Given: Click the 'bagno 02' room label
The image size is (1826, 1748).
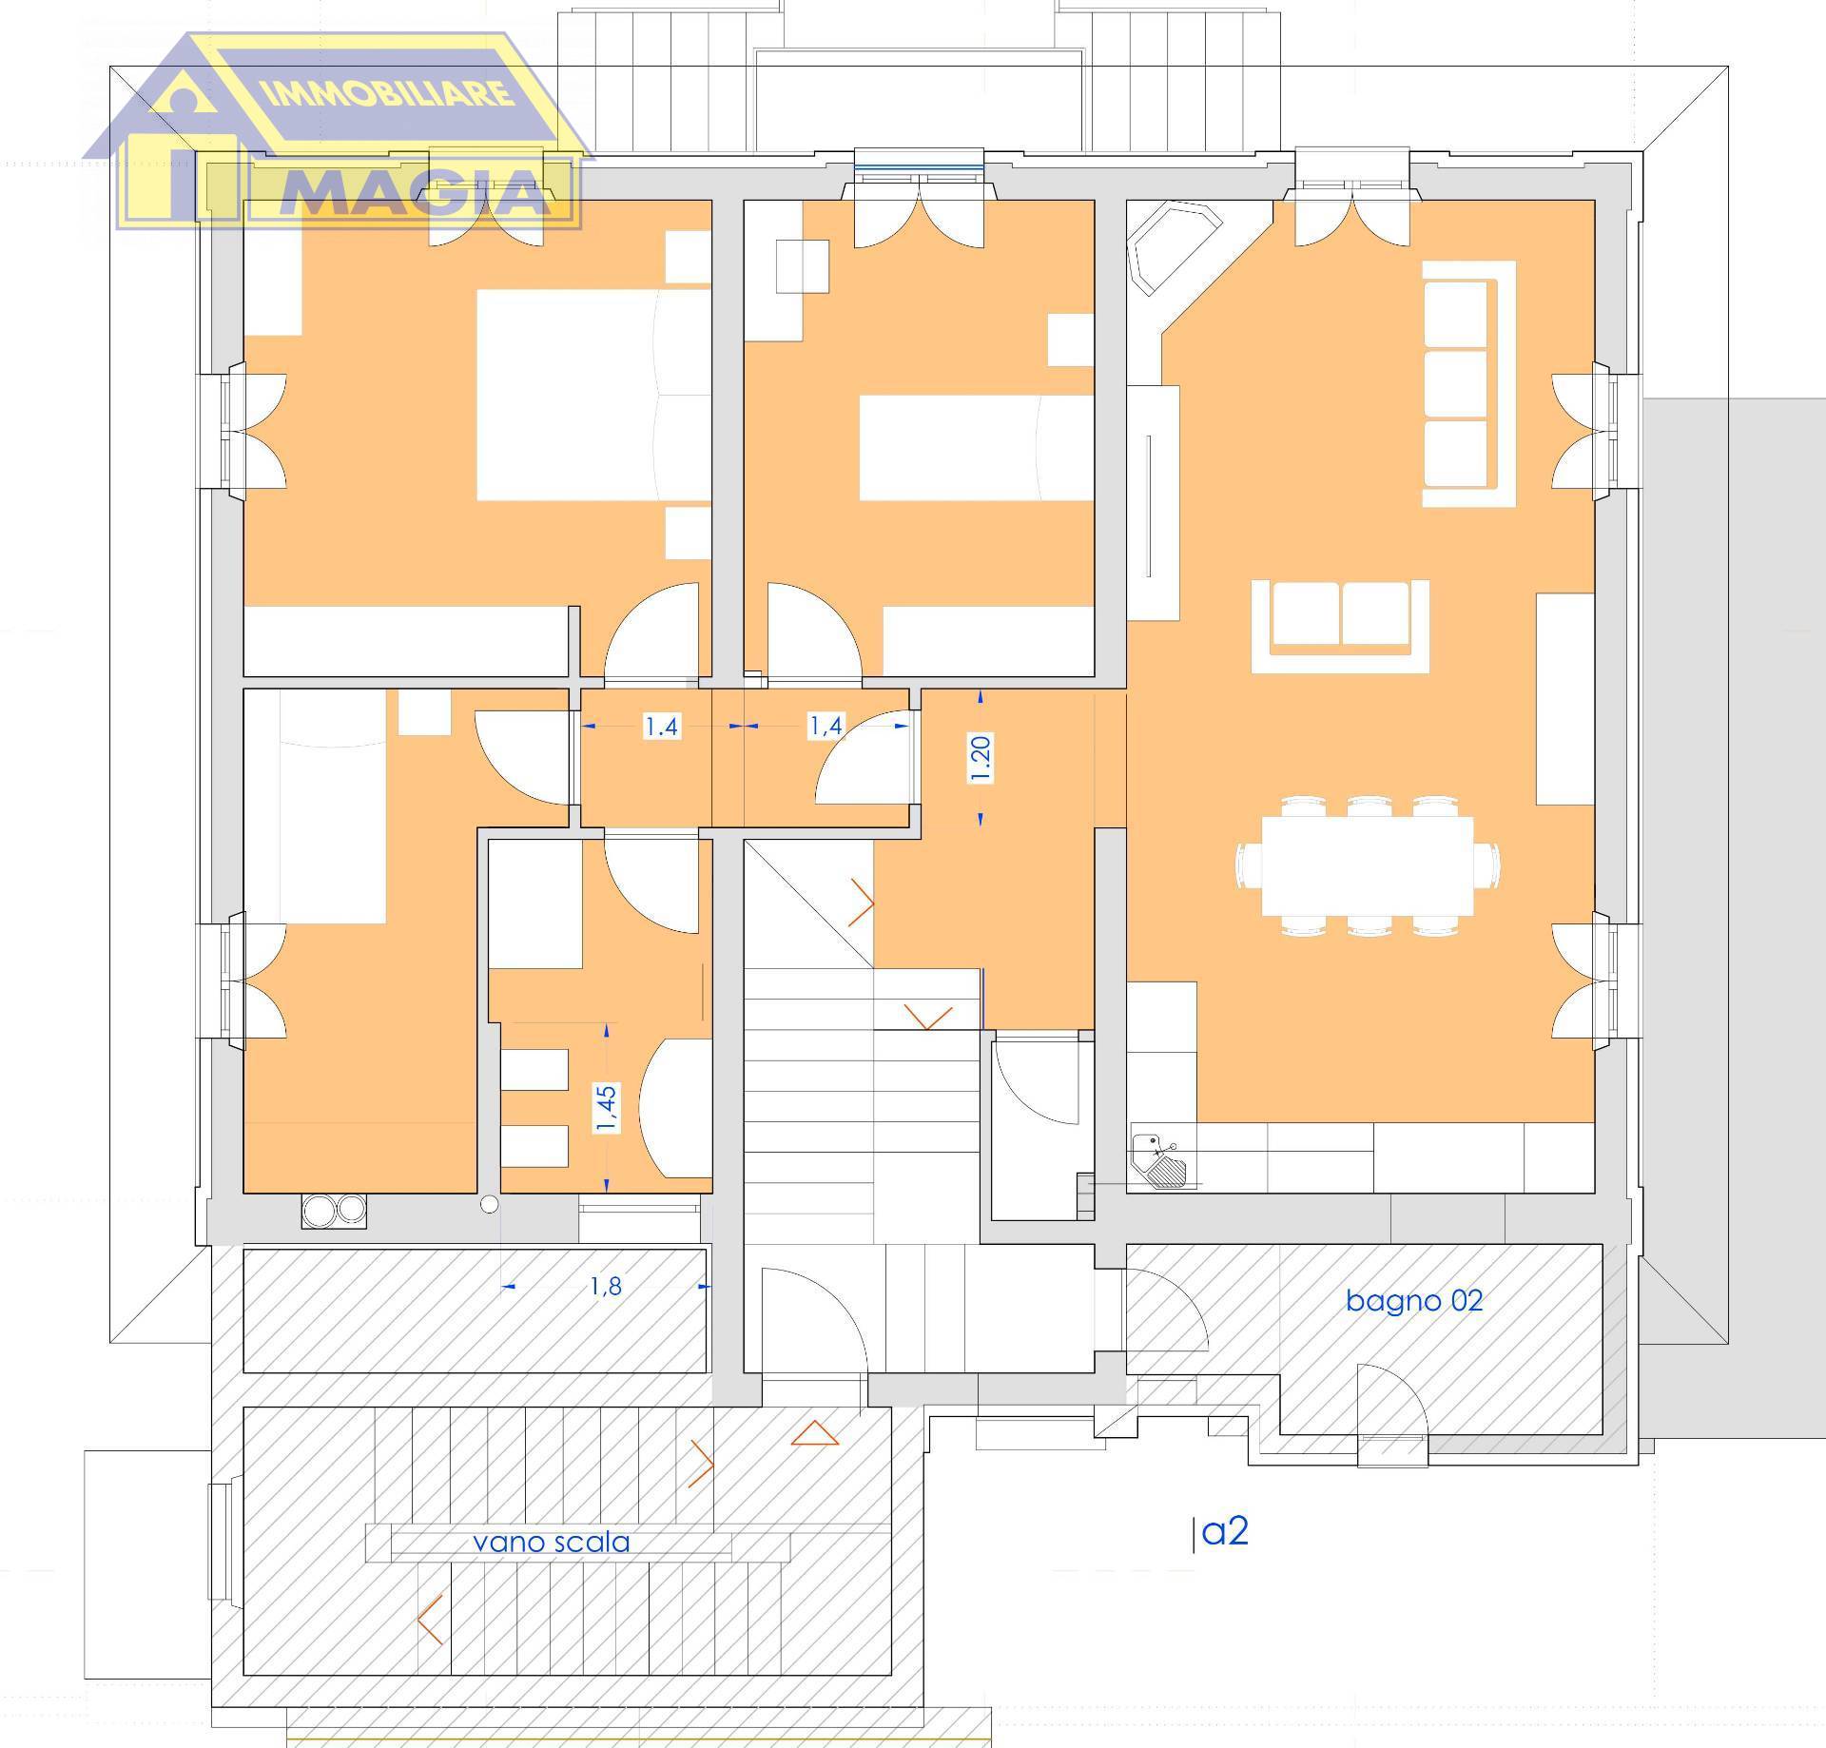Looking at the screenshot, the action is (x=1414, y=1301).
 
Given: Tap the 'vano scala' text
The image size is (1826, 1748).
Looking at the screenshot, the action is (x=552, y=1542).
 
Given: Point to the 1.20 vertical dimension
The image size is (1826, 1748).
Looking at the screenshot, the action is (x=981, y=759).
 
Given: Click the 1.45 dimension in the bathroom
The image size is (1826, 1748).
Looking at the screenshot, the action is (x=606, y=1108).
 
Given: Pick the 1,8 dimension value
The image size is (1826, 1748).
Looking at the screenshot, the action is (x=606, y=1286).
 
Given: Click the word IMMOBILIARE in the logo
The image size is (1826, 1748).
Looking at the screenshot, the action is (x=385, y=94).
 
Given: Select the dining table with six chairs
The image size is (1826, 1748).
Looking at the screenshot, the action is (x=1368, y=865).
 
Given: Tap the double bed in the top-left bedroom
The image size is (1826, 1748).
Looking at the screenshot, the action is (x=593, y=395).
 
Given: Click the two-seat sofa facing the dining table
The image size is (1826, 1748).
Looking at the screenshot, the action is (x=1340, y=626).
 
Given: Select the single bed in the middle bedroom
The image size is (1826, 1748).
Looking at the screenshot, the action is (x=977, y=447).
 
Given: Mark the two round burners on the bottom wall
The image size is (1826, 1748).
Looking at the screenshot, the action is (x=334, y=1209).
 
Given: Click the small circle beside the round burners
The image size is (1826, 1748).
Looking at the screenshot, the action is (x=489, y=1205).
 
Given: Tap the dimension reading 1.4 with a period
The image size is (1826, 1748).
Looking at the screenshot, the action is (x=661, y=727).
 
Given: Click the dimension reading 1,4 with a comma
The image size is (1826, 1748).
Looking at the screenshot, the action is (x=826, y=726).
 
